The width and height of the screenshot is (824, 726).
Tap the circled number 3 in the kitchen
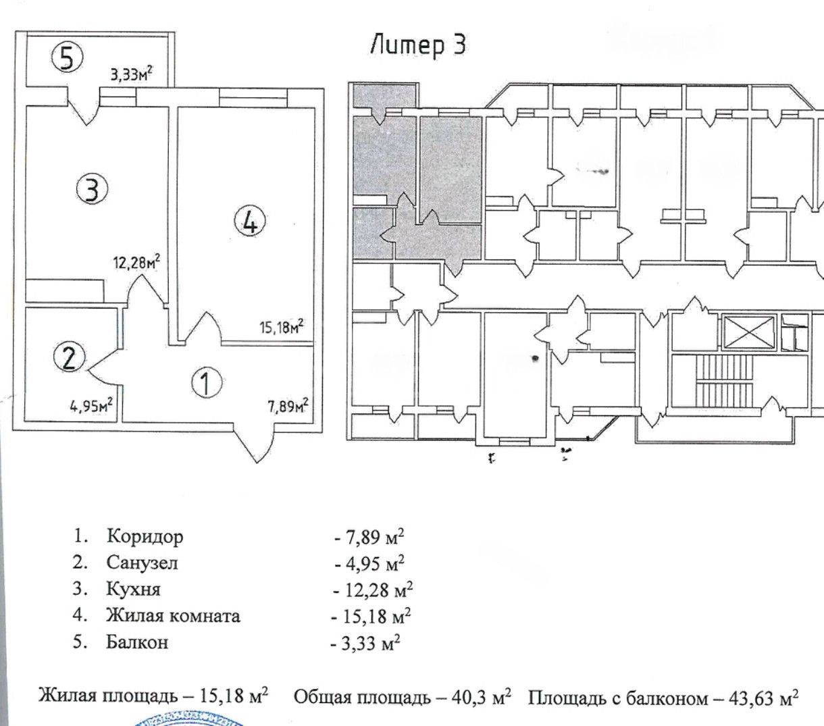click(93, 188)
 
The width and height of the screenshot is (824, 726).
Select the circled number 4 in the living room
click(250, 222)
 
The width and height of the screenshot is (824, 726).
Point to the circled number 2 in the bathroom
click(70, 358)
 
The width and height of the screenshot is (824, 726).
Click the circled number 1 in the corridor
click(207, 383)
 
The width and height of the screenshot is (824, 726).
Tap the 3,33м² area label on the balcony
click(132, 74)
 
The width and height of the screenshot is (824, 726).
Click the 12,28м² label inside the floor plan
click(136, 261)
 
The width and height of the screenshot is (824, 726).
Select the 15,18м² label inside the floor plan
click(282, 326)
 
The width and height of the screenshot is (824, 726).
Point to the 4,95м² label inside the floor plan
click(91, 405)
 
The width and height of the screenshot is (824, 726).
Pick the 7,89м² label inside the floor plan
click(288, 405)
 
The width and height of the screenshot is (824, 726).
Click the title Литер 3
click(418, 45)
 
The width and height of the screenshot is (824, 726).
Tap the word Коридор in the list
click(145, 537)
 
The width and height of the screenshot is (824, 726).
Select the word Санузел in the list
click(142, 563)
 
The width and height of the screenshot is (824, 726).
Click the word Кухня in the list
click(134, 589)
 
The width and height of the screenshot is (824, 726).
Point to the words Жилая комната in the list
click(174, 615)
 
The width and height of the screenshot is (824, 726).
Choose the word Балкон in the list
click(137, 642)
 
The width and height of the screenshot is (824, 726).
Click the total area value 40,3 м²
click(481, 697)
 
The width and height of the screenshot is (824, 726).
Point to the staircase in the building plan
click(725, 382)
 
